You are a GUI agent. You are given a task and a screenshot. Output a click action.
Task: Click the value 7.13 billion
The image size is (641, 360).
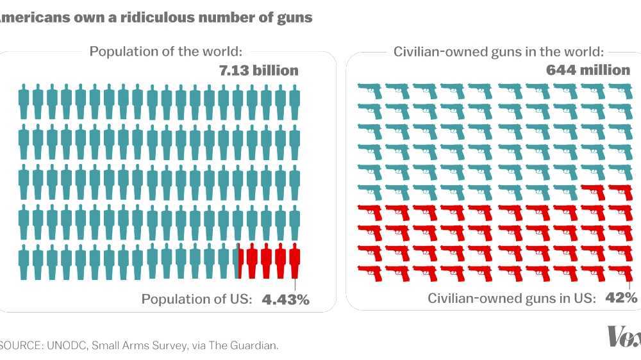(x=259, y=70)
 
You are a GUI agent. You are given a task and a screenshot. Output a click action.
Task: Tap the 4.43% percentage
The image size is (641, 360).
(x=285, y=299)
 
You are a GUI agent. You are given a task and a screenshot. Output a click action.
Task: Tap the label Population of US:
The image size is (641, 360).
(x=197, y=299)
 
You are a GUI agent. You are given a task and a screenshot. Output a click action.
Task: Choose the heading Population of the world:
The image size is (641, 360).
(x=165, y=51)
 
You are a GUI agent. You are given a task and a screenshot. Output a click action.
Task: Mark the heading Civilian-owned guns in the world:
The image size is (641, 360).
(x=498, y=51)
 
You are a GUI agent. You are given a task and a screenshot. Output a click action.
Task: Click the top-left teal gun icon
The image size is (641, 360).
(x=370, y=90)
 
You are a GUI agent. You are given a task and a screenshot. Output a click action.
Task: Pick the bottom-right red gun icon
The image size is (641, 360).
(x=620, y=274)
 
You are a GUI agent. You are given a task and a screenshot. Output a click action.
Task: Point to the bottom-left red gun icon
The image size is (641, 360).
(x=370, y=274)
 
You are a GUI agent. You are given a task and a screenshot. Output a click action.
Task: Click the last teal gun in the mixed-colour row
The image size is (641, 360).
(x=564, y=192)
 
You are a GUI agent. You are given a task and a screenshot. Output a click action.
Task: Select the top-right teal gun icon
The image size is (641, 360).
(x=620, y=90)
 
